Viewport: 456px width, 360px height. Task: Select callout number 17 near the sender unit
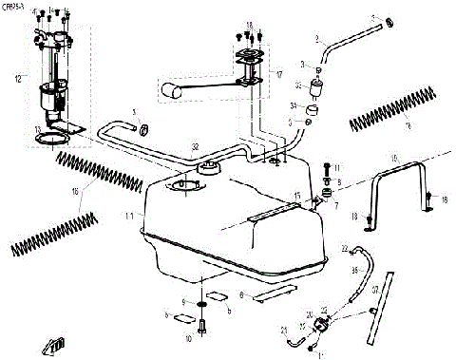278,73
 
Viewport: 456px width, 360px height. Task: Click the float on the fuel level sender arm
170,92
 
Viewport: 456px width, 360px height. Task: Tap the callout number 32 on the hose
195,147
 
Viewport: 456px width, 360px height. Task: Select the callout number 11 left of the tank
129,218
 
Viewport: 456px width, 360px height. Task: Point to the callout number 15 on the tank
297,197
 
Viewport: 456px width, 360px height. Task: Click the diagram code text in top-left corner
15,5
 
